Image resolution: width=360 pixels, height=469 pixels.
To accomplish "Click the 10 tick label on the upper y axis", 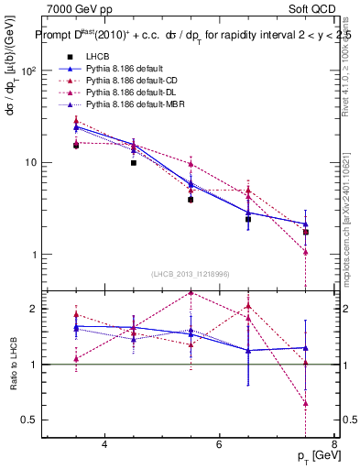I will [x=31, y=162].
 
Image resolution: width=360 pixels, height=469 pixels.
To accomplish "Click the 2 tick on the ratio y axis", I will [x=35, y=309].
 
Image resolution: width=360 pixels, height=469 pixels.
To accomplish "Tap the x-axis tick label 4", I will [x=104, y=445].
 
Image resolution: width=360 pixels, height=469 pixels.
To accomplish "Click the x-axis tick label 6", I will [x=219, y=445].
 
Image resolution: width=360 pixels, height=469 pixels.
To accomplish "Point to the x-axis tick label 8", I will [x=333, y=445].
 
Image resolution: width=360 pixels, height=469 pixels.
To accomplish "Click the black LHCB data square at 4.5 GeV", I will [x=134, y=163].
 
